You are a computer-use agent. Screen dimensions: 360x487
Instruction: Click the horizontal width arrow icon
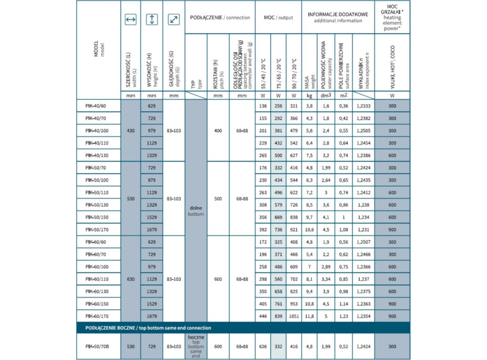click(x=131, y=20)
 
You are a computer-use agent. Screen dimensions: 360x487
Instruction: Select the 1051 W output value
click(x=293, y=315)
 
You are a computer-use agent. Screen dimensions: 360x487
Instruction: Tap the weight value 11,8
click(x=310, y=315)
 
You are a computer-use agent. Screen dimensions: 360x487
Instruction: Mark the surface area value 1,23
click(x=344, y=315)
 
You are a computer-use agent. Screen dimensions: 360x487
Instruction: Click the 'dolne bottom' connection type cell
click(x=196, y=210)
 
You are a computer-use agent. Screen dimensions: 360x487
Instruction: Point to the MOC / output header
click(x=278, y=18)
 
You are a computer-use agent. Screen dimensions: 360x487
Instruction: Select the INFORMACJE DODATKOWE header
click(x=337, y=18)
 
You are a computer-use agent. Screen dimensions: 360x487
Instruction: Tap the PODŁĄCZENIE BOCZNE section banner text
click(x=144, y=328)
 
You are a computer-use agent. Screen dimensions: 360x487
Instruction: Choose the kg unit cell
click(x=310, y=96)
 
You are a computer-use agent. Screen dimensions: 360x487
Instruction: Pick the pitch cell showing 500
click(x=218, y=198)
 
